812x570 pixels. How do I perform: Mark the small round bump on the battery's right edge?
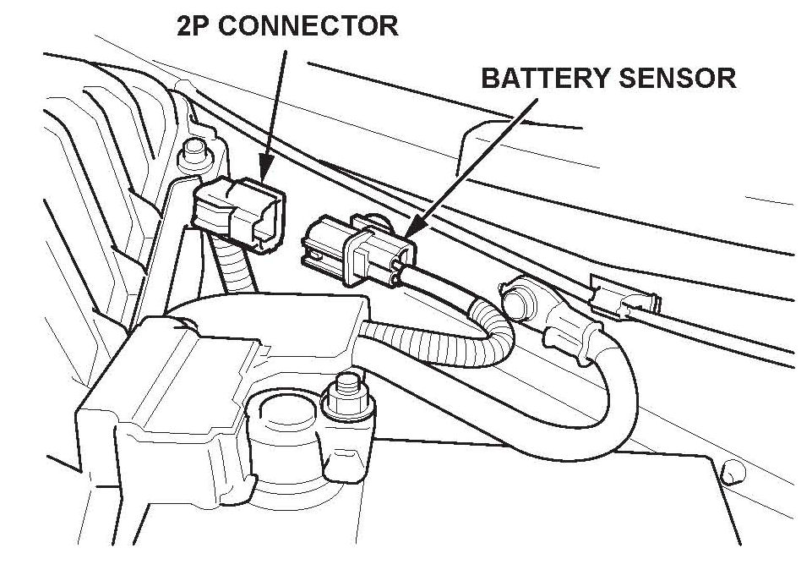point(733,470)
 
